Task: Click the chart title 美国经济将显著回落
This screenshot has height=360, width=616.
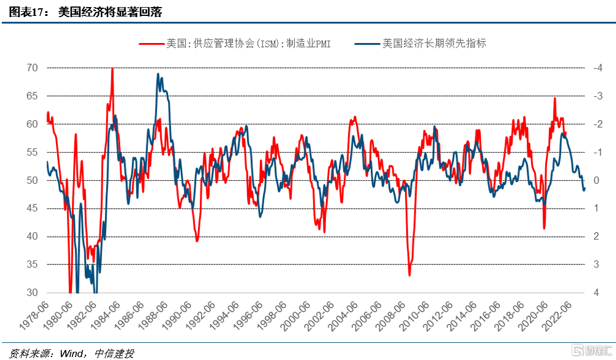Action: (110, 12)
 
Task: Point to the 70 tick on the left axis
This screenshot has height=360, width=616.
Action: (32, 68)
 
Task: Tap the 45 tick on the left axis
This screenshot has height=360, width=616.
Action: (32, 209)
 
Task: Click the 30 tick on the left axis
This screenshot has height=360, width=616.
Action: (32, 293)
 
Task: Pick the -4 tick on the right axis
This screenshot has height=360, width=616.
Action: (597, 68)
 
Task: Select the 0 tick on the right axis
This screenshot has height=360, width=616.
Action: (596, 180)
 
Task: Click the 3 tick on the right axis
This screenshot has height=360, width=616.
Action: (596, 265)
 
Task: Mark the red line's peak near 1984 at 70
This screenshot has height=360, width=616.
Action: (112, 69)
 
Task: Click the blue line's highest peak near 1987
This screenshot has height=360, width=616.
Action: (158, 74)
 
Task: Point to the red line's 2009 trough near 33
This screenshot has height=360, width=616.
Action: (410, 275)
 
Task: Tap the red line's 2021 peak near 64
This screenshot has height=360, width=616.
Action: (555, 98)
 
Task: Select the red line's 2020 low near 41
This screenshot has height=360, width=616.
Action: (544, 228)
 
